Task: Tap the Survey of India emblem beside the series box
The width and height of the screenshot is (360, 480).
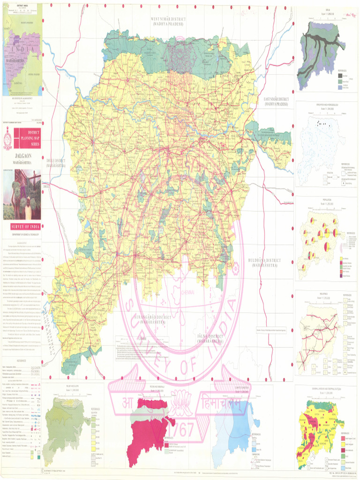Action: tap(7, 140)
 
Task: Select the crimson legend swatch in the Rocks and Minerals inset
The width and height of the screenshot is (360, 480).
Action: tap(166, 443)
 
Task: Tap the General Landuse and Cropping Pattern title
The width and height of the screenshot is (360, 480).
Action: tap(326, 390)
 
